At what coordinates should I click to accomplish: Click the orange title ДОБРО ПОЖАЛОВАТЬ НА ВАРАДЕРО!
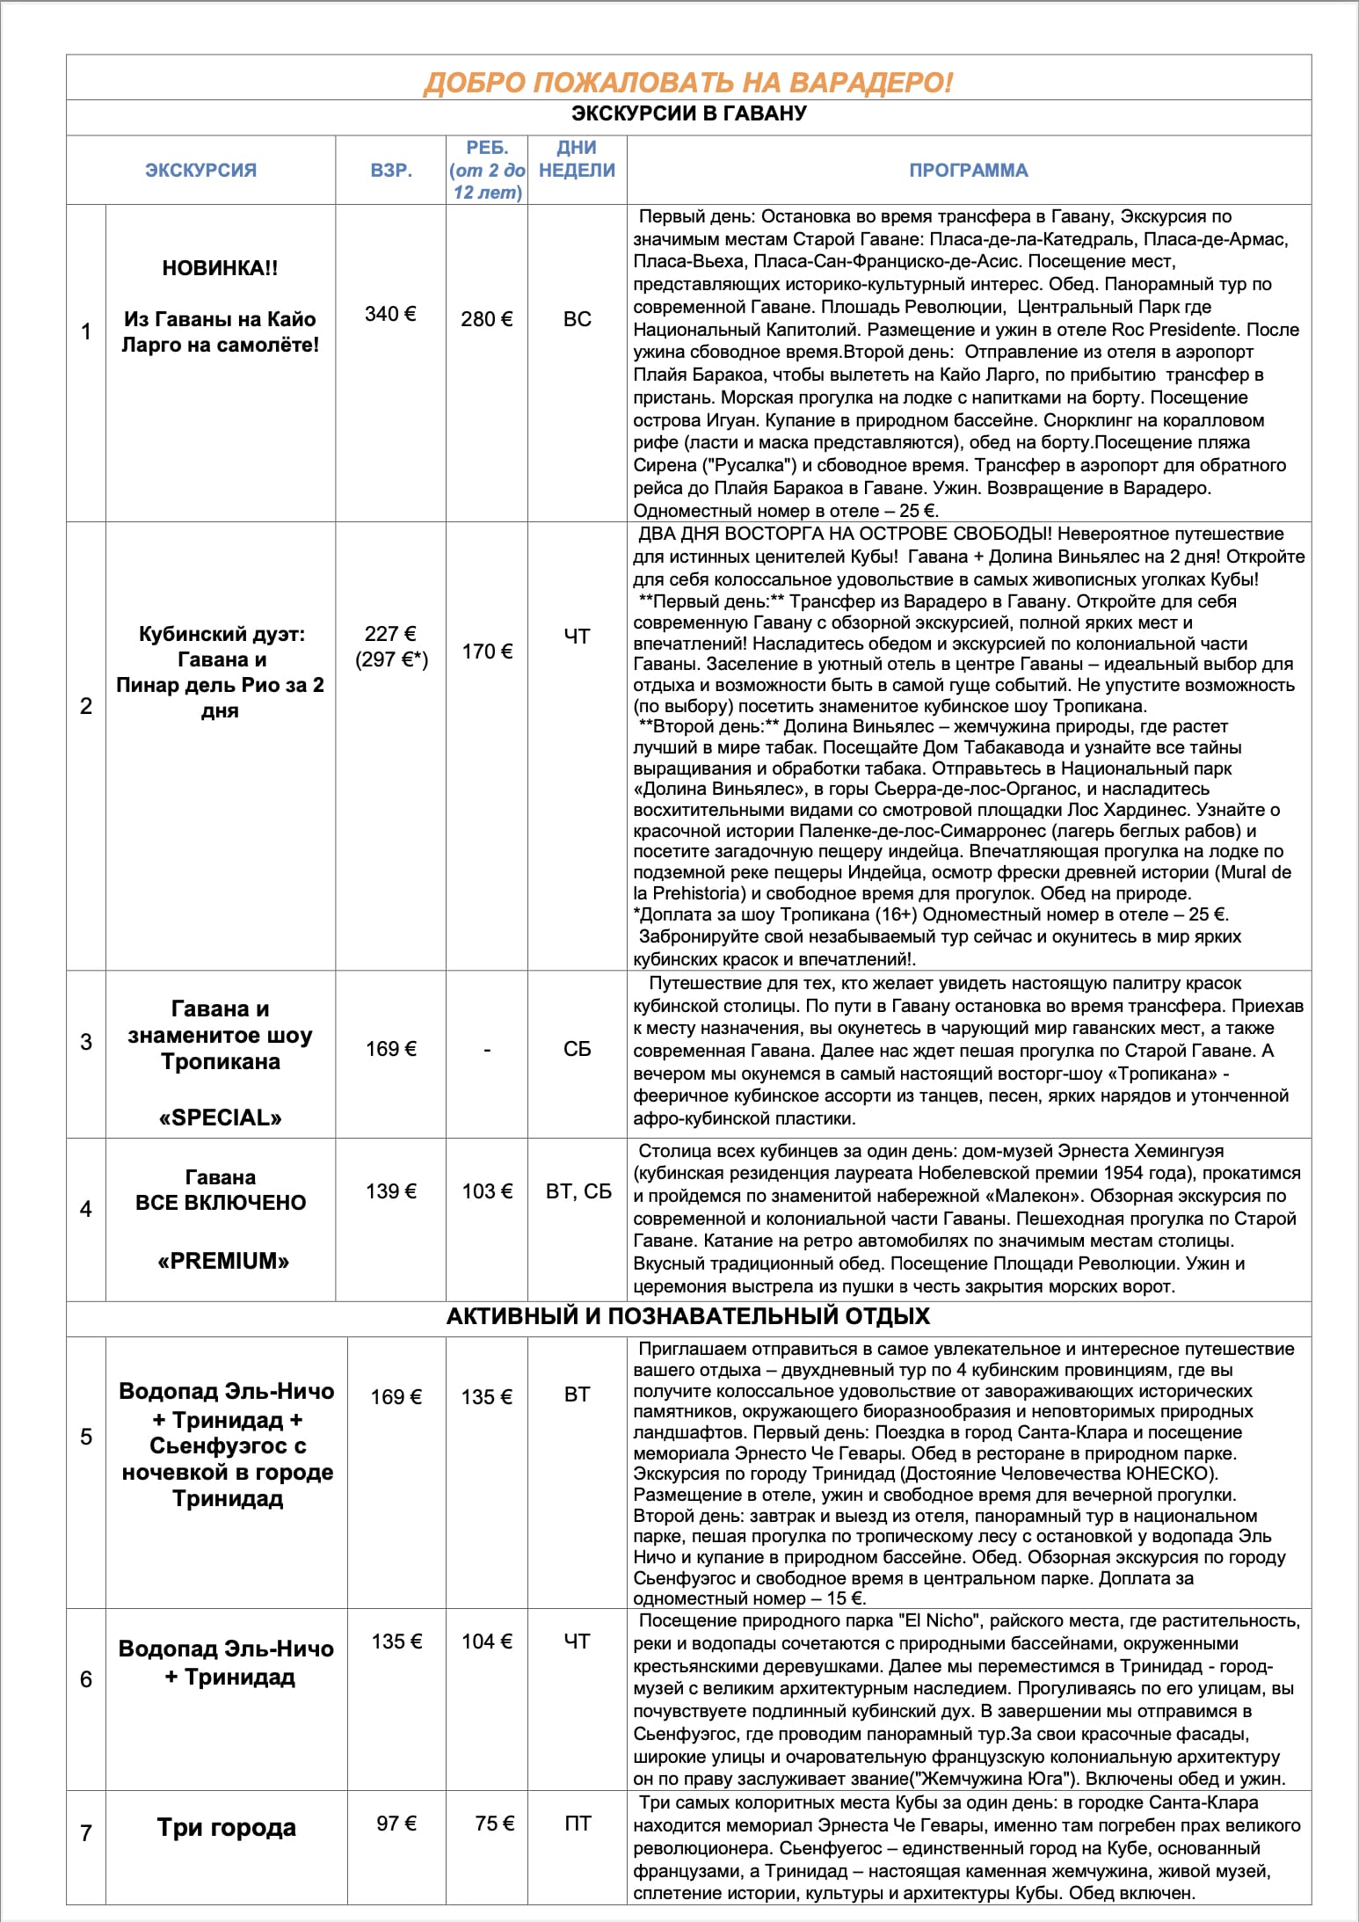point(687,82)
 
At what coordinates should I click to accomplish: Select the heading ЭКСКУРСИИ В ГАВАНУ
point(688,113)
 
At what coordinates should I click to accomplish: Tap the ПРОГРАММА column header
point(968,170)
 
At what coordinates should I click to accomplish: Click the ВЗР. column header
point(391,170)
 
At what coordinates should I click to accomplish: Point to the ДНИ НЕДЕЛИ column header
point(577,159)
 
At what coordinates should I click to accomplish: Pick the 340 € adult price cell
point(390,314)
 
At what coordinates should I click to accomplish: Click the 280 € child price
point(486,319)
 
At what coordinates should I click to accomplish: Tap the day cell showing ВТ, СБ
point(578,1191)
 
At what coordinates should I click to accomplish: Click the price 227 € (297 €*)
point(391,646)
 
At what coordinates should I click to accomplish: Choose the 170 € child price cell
point(486,652)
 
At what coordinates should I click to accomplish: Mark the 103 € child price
point(487,1191)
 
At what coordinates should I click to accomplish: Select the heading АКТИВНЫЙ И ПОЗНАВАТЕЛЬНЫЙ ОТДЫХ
point(687,1316)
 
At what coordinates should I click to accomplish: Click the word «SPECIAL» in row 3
point(220,1118)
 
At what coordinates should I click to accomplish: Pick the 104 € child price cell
point(487,1641)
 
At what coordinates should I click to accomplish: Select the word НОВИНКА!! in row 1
point(220,268)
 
